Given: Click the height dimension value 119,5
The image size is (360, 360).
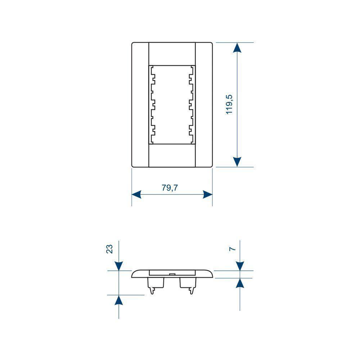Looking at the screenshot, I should coord(230,104).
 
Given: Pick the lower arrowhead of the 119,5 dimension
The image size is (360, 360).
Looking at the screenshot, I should coord(237,162).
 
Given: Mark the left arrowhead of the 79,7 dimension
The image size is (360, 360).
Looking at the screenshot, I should coord(136,194).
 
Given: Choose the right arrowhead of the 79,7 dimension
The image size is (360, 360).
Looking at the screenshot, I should coord(208,194).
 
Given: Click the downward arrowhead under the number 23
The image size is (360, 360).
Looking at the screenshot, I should coord(118,266).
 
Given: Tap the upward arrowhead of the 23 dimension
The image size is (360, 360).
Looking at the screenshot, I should coord(118,300).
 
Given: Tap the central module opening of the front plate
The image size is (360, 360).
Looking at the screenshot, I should coord(172,104).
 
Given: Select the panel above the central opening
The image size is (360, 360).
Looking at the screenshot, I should coord(172,54).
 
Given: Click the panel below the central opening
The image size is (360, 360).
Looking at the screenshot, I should coord(172,155).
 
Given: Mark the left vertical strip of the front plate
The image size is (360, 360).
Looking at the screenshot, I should coord(140,104).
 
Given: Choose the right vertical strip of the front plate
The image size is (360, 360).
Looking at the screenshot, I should coord(204,104).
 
